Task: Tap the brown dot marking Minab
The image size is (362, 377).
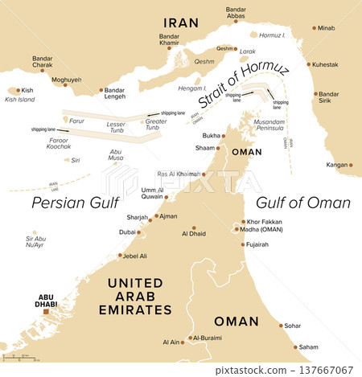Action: tap(315, 27)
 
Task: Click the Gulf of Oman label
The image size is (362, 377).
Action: tap(302, 203)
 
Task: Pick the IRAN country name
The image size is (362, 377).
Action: tap(181, 22)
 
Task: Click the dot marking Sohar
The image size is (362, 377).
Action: tap(282, 326)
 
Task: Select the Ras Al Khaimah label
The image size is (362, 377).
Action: tap(181, 174)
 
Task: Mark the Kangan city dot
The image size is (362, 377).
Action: tap(351, 165)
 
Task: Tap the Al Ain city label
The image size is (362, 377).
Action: tap(171, 342)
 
